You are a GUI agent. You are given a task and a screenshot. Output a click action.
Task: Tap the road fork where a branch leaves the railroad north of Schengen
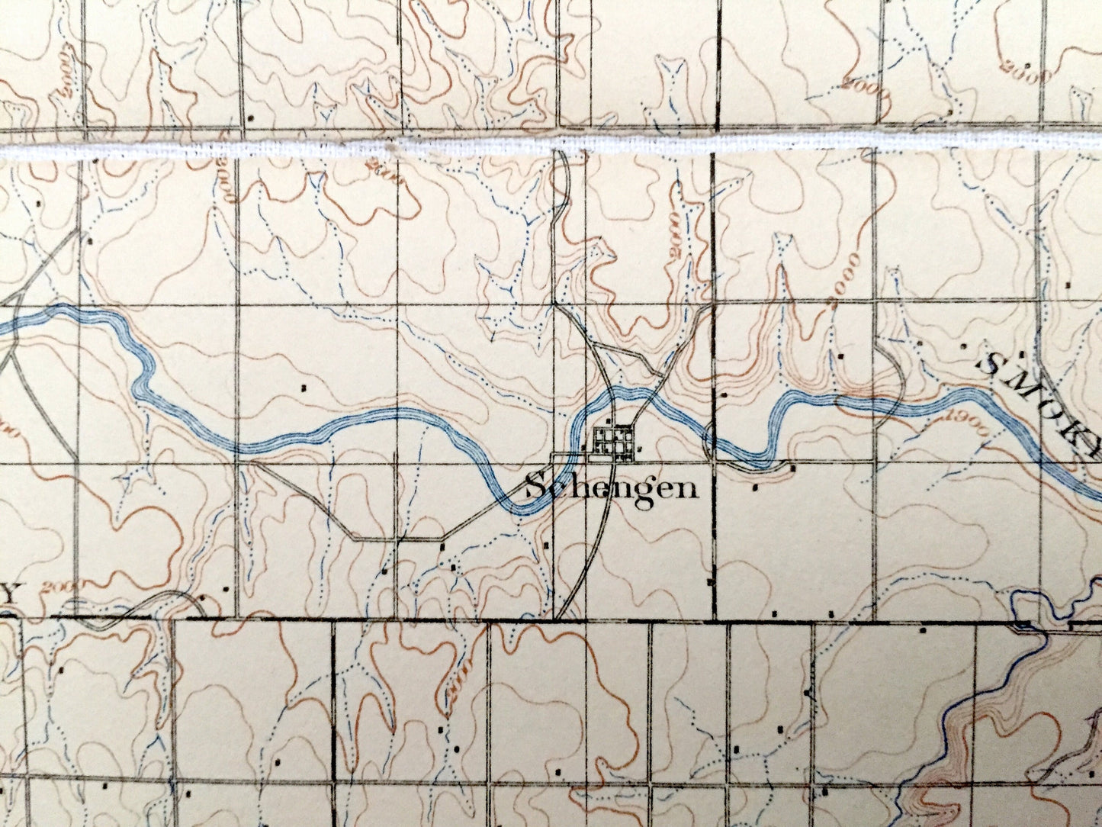pyautogui.click(x=591, y=343)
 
